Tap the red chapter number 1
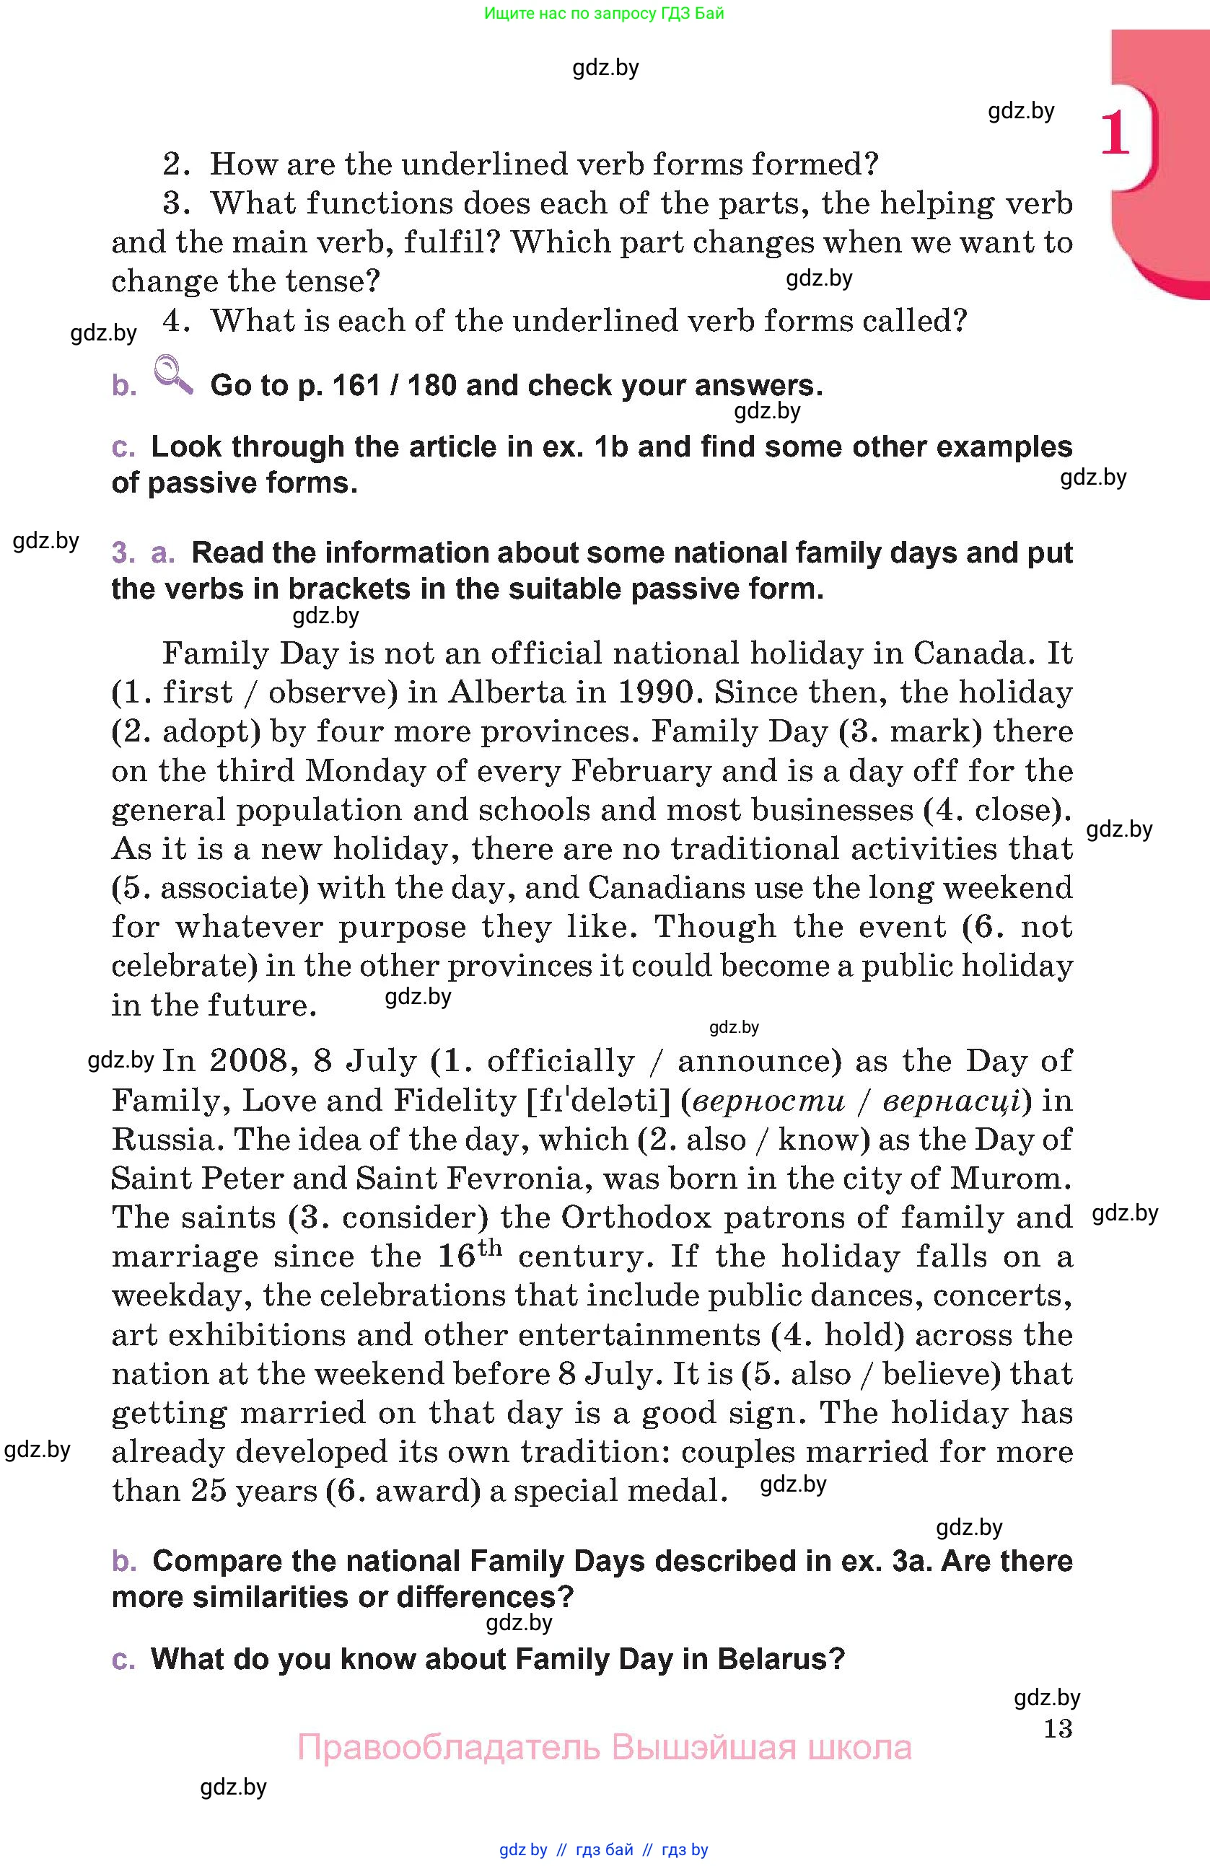click(1115, 133)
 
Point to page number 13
click(1058, 1728)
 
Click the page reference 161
click(359, 386)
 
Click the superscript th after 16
click(490, 1247)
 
